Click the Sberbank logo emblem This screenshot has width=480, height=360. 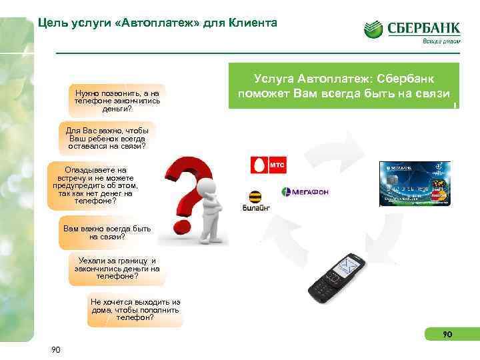point(373,30)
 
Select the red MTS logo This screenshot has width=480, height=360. point(263,165)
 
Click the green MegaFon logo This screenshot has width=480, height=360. point(305,192)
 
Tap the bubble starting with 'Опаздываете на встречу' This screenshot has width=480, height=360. point(94,185)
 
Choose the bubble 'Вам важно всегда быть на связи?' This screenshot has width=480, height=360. point(107,232)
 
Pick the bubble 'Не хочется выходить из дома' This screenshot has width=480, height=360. point(135,309)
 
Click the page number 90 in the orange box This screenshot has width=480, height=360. point(447,334)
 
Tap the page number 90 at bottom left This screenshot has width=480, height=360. point(56,350)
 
